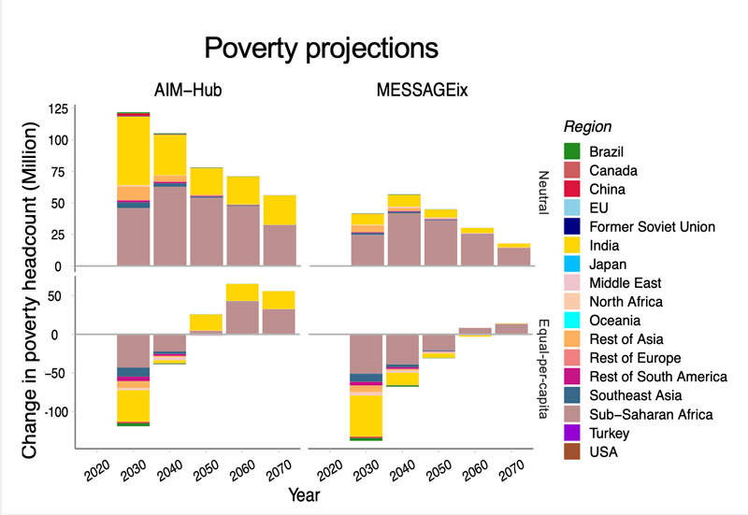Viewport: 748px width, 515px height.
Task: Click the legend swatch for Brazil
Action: [573, 150]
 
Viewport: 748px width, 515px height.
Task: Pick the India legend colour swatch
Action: [573, 245]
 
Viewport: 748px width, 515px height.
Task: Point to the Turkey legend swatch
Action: [573, 434]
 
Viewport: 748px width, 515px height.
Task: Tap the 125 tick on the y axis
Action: [57, 108]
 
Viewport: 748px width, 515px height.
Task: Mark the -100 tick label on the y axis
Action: [54, 412]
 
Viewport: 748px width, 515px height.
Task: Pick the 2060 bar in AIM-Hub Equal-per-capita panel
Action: [243, 309]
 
